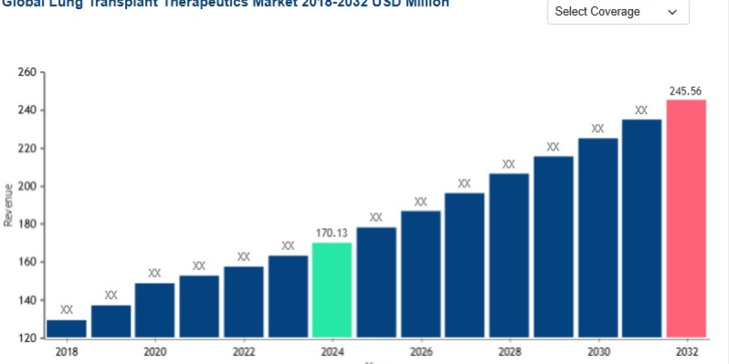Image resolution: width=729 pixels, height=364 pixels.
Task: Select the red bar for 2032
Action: [x=686, y=218]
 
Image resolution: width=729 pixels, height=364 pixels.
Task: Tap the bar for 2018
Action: [x=67, y=328]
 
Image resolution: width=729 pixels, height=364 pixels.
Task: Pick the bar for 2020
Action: [x=155, y=310]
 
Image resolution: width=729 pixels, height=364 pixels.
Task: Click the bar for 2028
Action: [x=509, y=255]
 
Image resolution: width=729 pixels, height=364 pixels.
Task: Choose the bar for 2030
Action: [x=598, y=237]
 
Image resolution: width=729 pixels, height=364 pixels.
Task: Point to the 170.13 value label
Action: [x=332, y=232]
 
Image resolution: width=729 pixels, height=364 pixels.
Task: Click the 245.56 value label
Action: [x=686, y=92]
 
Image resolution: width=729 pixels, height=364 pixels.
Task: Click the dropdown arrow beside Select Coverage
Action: [x=673, y=12]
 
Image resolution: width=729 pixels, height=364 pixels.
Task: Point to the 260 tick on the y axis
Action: [x=28, y=73]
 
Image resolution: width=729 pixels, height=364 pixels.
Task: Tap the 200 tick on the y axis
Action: [x=28, y=186]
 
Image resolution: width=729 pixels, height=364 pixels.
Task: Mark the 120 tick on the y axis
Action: [x=28, y=338]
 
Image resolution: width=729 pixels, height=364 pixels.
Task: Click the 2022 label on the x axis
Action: [x=244, y=352]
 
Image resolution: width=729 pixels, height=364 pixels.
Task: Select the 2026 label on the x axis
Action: [x=421, y=352]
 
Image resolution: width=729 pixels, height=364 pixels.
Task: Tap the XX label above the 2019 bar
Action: [x=111, y=295]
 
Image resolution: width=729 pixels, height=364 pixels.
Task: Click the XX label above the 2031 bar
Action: [x=642, y=110]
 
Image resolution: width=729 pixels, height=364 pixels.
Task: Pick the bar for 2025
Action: [x=376, y=282]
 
